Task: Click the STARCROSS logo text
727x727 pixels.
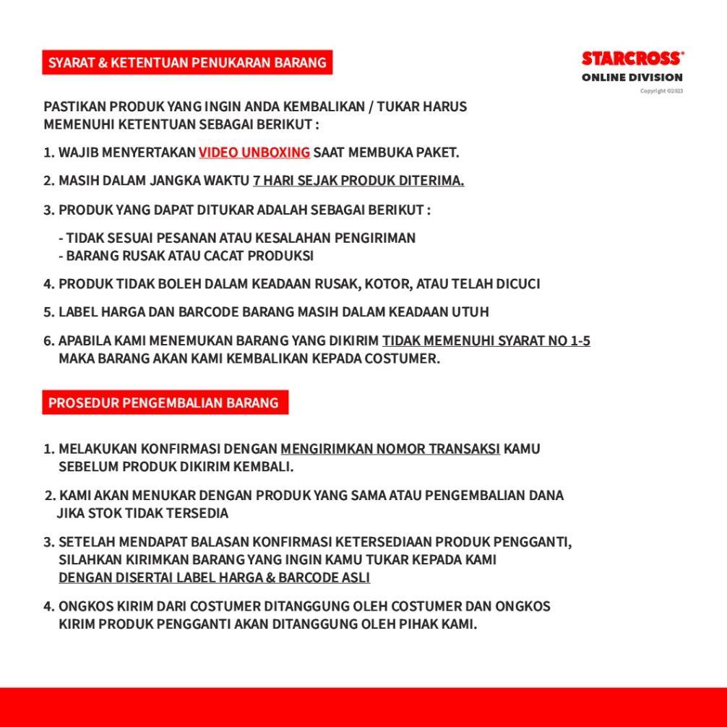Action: point(632,59)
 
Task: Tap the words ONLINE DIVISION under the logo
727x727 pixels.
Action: point(632,77)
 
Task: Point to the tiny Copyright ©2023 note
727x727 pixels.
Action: point(661,91)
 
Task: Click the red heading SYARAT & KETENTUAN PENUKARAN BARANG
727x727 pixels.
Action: point(187,63)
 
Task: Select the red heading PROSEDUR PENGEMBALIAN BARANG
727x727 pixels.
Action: point(163,403)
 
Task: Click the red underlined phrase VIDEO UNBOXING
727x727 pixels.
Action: point(254,152)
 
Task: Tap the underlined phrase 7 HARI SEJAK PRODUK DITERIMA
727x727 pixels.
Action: point(358,181)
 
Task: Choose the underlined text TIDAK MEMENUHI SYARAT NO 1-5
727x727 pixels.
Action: point(486,340)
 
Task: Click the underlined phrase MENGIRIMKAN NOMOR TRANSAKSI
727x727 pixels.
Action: point(390,449)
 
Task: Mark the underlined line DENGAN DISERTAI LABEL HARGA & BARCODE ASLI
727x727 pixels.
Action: point(214,577)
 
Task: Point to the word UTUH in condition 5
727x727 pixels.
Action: point(470,312)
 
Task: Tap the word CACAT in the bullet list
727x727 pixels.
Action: point(224,256)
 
